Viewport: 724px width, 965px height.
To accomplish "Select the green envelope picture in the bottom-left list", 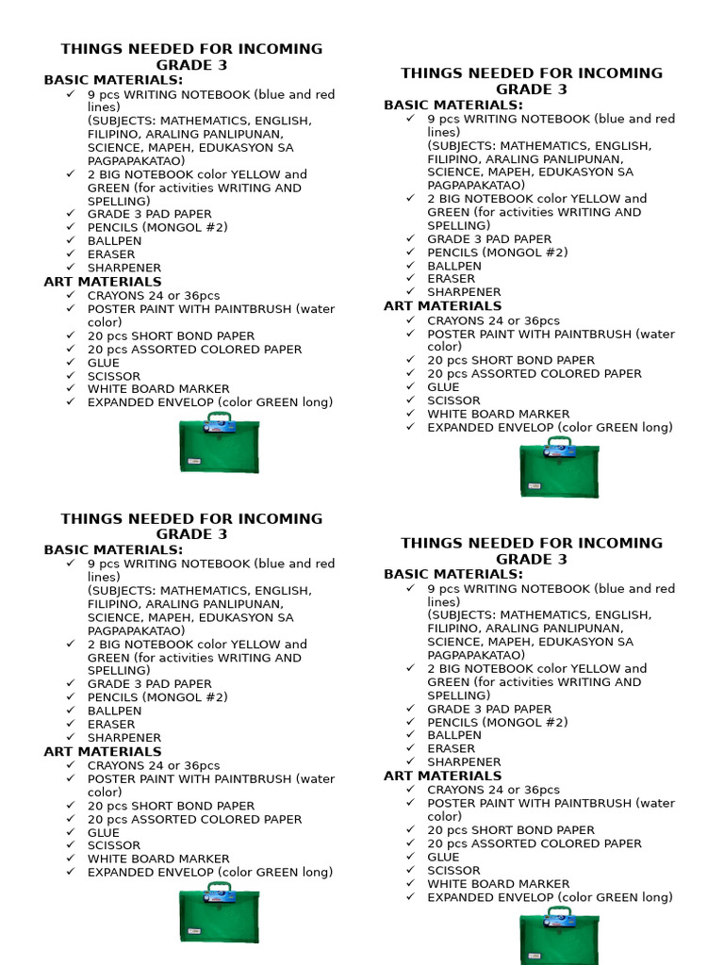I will pyautogui.click(x=219, y=914).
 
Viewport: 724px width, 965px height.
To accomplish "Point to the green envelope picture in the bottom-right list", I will pyautogui.click(x=559, y=937).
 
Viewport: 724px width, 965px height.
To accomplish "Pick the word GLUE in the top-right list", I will pyautogui.click(x=443, y=387).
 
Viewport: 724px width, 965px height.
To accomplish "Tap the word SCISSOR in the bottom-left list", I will pyautogui.click(x=114, y=846).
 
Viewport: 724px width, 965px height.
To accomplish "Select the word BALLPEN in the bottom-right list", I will pyautogui.click(x=454, y=735).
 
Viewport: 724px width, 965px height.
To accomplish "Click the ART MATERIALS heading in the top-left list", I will pyautogui.click(x=103, y=282).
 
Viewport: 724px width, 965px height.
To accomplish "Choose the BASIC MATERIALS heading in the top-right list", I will pyautogui.click(x=452, y=106).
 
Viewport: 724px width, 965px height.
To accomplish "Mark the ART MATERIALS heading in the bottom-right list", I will pyautogui.click(x=442, y=777).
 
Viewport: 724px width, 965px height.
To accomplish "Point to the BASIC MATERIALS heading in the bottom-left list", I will pyautogui.click(x=113, y=550).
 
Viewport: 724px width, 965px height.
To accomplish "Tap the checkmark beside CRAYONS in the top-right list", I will pyautogui.click(x=411, y=320).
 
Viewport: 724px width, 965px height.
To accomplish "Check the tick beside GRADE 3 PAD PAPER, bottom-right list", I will pyautogui.click(x=411, y=709).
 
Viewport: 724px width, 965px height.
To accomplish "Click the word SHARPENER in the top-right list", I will pyautogui.click(x=464, y=292).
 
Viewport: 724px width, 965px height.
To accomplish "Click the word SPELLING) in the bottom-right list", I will pyautogui.click(x=459, y=695).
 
